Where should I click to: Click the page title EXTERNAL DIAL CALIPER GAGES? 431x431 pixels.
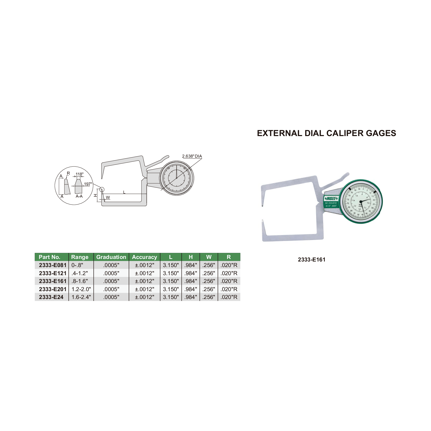(x=326, y=133)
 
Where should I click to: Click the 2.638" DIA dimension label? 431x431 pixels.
(x=192, y=156)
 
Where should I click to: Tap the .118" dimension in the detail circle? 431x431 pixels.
(x=79, y=174)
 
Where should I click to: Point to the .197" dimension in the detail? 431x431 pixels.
(x=88, y=184)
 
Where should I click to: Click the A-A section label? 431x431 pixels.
(x=79, y=196)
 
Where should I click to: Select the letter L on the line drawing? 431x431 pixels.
(x=124, y=192)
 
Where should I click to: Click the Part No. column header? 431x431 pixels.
(x=50, y=257)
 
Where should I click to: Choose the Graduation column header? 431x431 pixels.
(x=111, y=257)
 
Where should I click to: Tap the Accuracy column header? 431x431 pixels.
(x=144, y=257)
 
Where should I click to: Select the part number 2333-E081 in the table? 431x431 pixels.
(x=53, y=265)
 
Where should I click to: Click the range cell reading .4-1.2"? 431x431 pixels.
(x=80, y=273)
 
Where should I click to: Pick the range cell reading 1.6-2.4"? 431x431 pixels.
(x=81, y=297)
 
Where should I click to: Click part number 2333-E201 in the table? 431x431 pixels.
(x=53, y=289)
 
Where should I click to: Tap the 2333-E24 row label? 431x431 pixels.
(x=51, y=297)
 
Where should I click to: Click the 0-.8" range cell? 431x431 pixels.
(x=77, y=265)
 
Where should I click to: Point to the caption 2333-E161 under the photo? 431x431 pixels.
(x=311, y=260)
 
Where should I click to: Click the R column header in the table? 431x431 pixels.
(x=229, y=257)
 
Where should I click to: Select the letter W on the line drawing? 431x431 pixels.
(x=108, y=198)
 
